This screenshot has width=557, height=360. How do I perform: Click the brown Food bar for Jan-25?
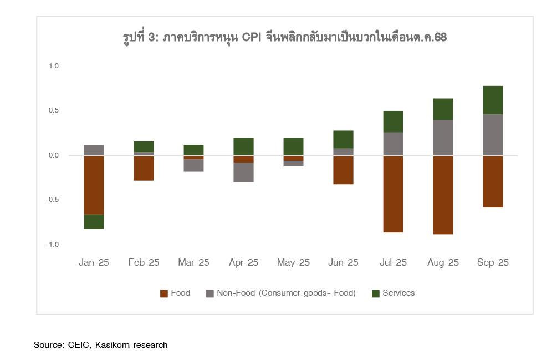click(x=94, y=185)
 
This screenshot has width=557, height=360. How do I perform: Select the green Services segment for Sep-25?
click(x=493, y=100)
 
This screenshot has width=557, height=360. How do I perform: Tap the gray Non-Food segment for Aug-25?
click(x=443, y=137)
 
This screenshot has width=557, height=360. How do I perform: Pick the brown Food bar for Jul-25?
click(x=393, y=194)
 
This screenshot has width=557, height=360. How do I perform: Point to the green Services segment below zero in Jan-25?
click(x=94, y=221)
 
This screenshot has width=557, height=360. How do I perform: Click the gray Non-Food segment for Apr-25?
click(x=243, y=173)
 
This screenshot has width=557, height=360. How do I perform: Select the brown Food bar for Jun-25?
click(x=343, y=170)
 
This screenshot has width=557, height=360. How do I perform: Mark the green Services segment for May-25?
click(x=293, y=146)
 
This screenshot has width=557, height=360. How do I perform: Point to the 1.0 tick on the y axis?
click(x=54, y=66)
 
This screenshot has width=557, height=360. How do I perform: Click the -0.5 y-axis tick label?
click(x=53, y=200)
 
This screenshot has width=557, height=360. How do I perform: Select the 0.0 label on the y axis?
click(x=54, y=155)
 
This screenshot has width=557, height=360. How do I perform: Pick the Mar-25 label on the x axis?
click(x=193, y=263)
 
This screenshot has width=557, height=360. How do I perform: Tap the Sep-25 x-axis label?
click(x=493, y=263)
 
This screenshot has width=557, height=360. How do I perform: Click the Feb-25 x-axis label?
click(x=144, y=263)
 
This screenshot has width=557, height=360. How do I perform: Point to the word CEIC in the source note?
click(x=79, y=345)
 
